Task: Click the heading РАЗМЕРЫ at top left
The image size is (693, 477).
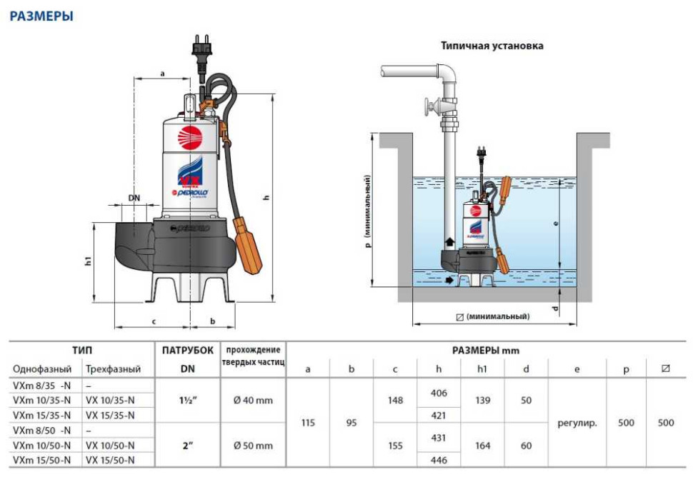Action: coord(41,16)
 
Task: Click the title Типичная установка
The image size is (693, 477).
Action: coord(492,46)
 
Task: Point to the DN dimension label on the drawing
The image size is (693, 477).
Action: coord(133,198)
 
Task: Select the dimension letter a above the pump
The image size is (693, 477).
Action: coord(163,73)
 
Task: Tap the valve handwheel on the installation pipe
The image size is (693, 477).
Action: coord(430,109)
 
